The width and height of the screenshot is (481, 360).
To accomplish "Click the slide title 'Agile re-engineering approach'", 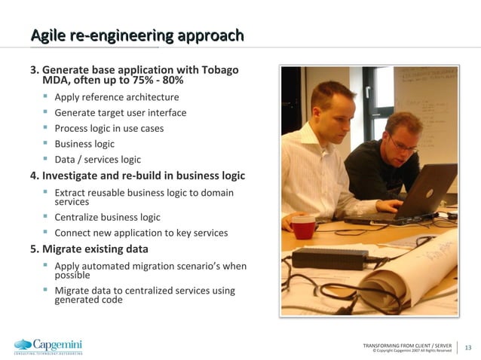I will click(x=136, y=35).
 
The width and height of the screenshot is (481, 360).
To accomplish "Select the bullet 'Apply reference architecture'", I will click(x=117, y=97).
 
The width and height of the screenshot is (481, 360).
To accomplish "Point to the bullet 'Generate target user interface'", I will click(x=121, y=113).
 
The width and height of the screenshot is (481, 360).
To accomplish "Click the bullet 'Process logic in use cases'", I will click(x=109, y=128).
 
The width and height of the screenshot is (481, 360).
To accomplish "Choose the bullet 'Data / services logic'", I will click(x=97, y=159).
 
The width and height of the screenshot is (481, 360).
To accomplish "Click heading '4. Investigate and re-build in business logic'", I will click(x=137, y=175).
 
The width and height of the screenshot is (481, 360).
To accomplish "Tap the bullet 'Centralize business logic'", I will click(x=107, y=217).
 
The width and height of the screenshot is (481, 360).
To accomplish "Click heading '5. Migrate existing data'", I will click(x=89, y=249).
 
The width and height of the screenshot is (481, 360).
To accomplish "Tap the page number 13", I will click(x=467, y=347).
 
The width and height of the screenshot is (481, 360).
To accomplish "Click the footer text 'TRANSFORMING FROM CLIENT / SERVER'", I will click(x=407, y=345).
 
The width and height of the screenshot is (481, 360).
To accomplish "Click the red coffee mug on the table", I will click(x=303, y=226).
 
